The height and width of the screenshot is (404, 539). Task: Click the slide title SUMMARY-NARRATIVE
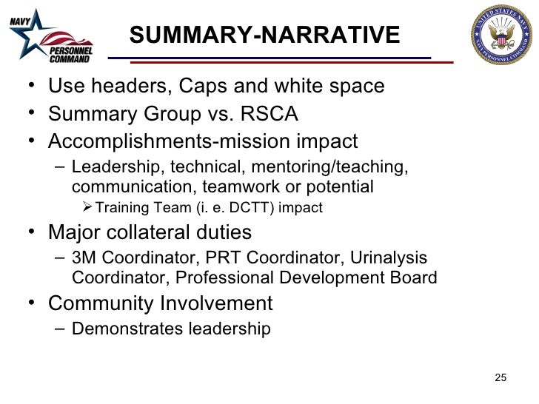(x=264, y=34)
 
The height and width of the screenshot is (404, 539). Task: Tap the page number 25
(x=500, y=380)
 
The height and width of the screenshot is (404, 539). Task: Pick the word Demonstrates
(x=127, y=329)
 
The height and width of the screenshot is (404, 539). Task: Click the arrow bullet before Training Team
(x=87, y=208)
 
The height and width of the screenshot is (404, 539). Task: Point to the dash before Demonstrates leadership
(x=60, y=329)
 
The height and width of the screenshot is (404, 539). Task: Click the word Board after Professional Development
(x=412, y=278)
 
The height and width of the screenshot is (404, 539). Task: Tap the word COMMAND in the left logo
(x=69, y=58)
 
